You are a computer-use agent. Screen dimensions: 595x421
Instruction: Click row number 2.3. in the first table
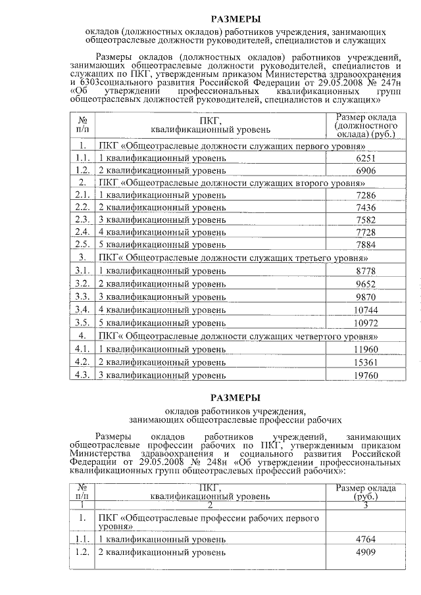pos(82,220)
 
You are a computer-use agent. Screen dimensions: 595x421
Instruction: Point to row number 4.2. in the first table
pos(82,362)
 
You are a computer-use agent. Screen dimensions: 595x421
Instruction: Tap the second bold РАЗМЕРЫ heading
pos(235,398)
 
